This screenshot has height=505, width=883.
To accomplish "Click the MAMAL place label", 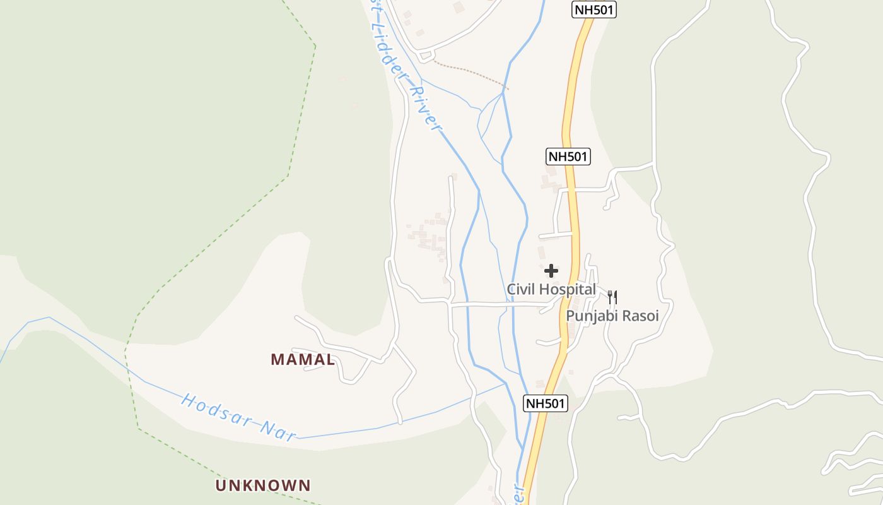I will click(303, 360).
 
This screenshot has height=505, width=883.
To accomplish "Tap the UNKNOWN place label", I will click(263, 485).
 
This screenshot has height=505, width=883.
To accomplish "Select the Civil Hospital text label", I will click(551, 290).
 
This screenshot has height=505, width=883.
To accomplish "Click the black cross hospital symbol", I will click(551, 271).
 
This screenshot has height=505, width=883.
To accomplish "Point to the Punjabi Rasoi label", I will click(612, 316).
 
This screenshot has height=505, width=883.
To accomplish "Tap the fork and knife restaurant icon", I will click(612, 297).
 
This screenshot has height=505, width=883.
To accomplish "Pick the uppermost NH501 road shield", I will click(594, 9).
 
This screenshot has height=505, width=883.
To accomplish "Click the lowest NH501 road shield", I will click(546, 403).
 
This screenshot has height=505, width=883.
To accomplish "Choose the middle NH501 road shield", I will click(568, 157).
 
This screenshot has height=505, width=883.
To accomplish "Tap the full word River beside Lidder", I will click(425, 110).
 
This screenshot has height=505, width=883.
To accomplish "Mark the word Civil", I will click(520, 290).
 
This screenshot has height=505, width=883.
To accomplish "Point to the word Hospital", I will click(566, 290).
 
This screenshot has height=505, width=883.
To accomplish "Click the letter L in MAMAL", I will click(329, 360).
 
